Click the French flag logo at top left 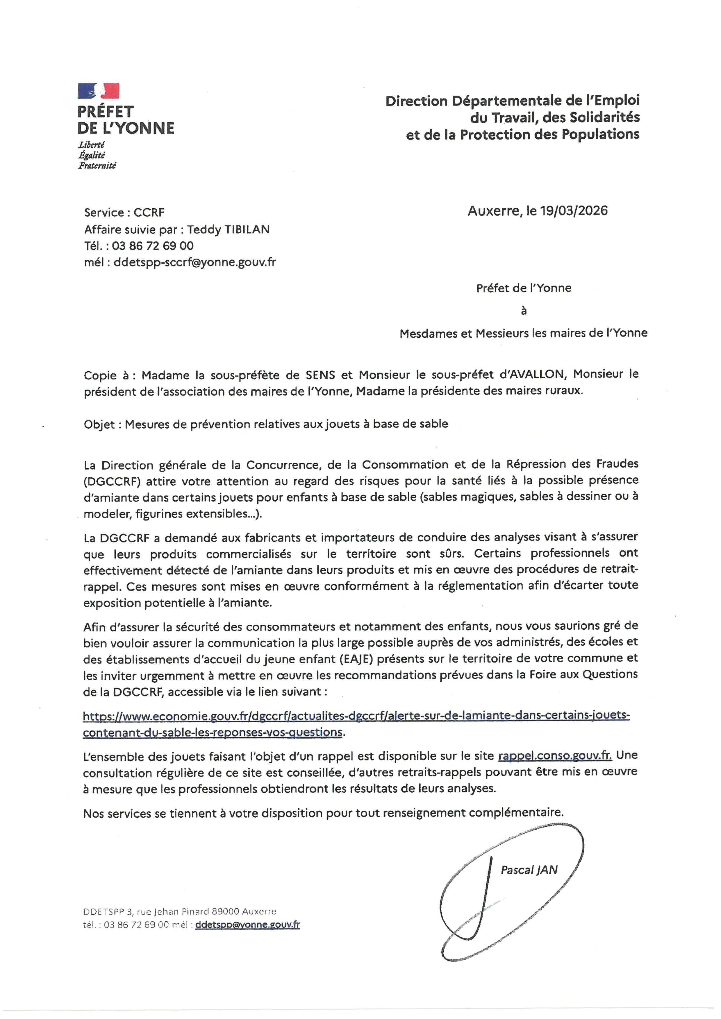coord(99,91)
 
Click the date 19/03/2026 coord(574,211)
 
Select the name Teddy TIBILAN coord(228,230)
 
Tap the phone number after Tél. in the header coord(153,246)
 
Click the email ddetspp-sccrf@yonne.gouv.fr coord(194,262)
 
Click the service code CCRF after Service coord(149,213)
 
